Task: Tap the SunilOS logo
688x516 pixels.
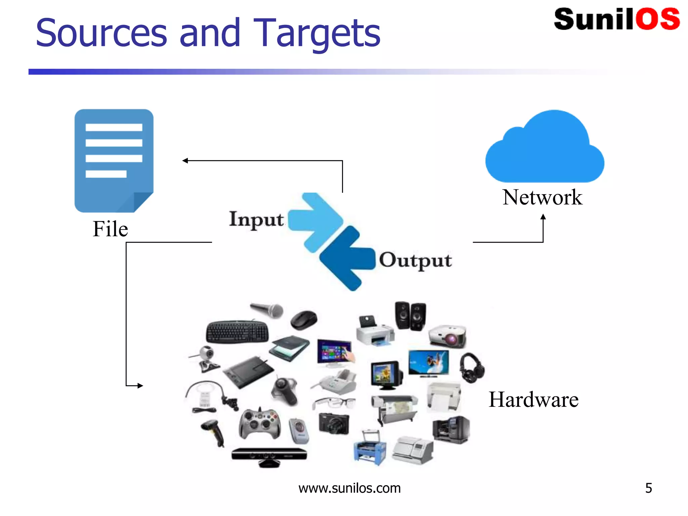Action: [x=617, y=19]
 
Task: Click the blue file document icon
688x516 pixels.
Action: [x=114, y=161]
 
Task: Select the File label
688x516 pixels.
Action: [x=110, y=229]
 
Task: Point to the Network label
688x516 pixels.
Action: [x=542, y=197]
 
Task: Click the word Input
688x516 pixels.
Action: [x=256, y=219]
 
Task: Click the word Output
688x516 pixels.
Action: [x=416, y=260]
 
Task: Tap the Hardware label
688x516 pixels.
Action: [x=533, y=400]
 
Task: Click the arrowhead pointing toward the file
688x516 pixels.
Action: [x=185, y=161]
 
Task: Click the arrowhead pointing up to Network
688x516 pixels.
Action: [x=543, y=217]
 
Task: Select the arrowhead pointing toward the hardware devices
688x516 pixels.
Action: [x=140, y=386]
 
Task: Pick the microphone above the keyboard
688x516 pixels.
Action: [x=267, y=310]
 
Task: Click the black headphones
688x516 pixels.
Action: [x=472, y=368]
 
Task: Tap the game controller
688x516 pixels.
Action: [x=259, y=424]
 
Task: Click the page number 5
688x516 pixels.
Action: [x=648, y=488]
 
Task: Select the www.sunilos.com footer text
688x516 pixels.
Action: [x=349, y=488]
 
